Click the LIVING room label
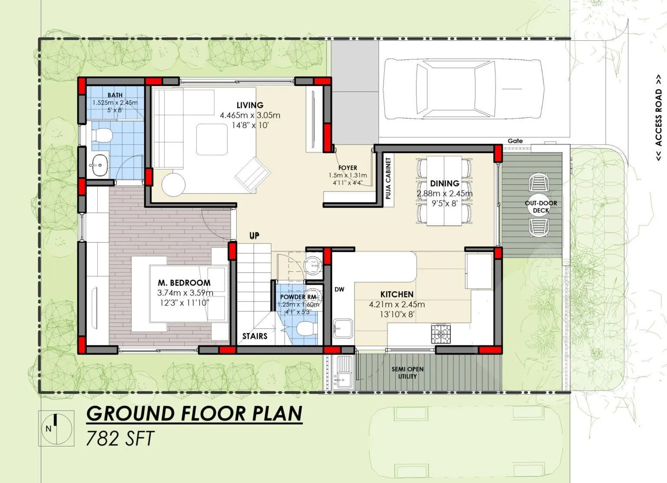(x=250, y=105)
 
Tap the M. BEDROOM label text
(x=184, y=283)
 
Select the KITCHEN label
(x=397, y=294)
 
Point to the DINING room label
(x=445, y=184)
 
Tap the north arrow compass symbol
(x=55, y=428)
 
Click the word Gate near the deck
(x=515, y=141)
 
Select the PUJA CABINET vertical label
(x=388, y=178)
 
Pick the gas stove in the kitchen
(x=441, y=333)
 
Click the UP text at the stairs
(x=254, y=236)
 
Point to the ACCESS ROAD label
(x=659, y=118)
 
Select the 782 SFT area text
(x=120, y=438)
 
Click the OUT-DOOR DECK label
(x=541, y=207)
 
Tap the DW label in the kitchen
(x=340, y=289)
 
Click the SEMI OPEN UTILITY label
(x=407, y=372)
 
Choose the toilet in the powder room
(x=305, y=329)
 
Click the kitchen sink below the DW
(x=343, y=328)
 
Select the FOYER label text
(x=347, y=168)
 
